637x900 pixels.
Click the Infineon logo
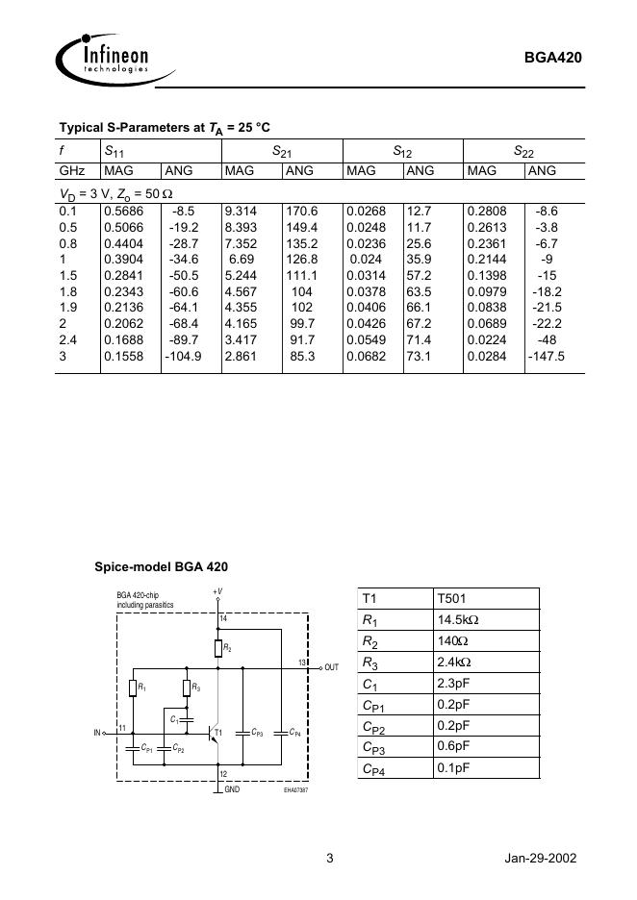click(x=103, y=58)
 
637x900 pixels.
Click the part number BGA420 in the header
click(x=552, y=57)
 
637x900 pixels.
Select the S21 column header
click(x=282, y=151)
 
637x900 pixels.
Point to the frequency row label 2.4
click(x=68, y=339)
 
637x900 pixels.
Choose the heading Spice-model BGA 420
click(x=161, y=566)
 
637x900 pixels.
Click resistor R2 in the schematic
click(x=220, y=648)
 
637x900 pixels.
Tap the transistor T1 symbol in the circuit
click(x=215, y=732)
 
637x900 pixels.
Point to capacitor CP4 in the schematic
click(x=279, y=732)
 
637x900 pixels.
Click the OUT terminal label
click(x=332, y=667)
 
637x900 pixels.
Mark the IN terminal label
click(x=97, y=733)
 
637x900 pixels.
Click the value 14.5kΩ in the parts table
click(x=457, y=620)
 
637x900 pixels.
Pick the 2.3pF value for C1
click(x=453, y=684)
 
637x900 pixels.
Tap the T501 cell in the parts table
click(x=452, y=598)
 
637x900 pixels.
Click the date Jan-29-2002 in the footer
click(x=540, y=859)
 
